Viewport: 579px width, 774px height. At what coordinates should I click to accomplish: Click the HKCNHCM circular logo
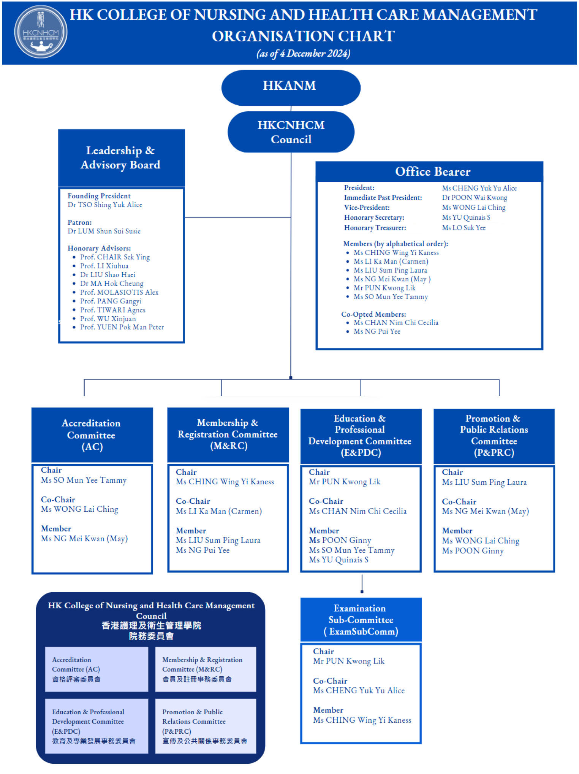[x=41, y=32]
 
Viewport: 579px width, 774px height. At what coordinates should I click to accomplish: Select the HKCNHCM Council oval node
[x=291, y=132]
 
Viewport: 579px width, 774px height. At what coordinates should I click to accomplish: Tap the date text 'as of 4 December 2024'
[x=303, y=53]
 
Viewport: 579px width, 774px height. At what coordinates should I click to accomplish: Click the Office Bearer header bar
[x=429, y=171]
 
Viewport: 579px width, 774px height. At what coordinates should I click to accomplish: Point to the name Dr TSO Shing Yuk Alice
[x=105, y=205]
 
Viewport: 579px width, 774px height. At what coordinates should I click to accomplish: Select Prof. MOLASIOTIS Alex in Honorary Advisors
[x=119, y=292]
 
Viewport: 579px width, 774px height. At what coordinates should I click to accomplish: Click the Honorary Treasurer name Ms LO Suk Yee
[x=464, y=228]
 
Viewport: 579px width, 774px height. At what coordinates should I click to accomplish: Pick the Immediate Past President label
[x=383, y=198]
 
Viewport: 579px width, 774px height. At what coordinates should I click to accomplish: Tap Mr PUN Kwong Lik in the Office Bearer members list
[x=384, y=288]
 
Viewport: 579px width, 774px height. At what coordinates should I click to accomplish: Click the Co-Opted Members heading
[x=373, y=314]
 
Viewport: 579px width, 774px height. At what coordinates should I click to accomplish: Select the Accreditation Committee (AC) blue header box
[x=92, y=435]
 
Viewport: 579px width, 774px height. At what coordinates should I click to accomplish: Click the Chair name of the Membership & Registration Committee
[x=225, y=482]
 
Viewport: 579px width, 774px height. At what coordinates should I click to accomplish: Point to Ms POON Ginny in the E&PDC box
[x=340, y=540]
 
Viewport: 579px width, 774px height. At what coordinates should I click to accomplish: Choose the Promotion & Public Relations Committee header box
[x=494, y=436]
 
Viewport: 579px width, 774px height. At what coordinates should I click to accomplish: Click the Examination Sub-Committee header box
[x=361, y=619]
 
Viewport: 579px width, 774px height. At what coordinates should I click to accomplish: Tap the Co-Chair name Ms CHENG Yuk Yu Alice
[x=359, y=690]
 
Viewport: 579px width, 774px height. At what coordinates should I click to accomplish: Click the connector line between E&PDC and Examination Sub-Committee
[x=362, y=584]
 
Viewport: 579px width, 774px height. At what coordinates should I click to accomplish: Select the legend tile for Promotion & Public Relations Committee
[x=205, y=726]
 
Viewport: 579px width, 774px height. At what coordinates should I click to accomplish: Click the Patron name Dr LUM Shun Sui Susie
[x=104, y=231]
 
